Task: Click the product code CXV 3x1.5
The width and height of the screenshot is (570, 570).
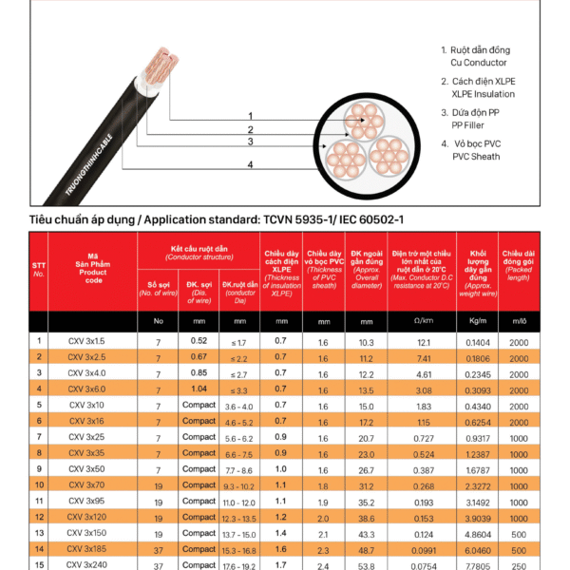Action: [86, 340]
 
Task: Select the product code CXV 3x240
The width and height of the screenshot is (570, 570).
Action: [88, 564]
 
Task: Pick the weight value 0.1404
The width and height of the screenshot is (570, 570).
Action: [477, 341]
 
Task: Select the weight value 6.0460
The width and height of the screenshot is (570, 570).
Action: [477, 549]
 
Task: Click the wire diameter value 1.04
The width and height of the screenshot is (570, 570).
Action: [199, 388]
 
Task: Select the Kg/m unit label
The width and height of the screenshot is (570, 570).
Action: [477, 321]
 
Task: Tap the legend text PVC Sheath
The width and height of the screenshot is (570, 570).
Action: [476, 157]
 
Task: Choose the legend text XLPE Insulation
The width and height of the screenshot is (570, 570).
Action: [484, 94]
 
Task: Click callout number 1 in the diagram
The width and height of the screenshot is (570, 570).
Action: [250, 115]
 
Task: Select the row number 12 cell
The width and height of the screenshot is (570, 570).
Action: [39, 517]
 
